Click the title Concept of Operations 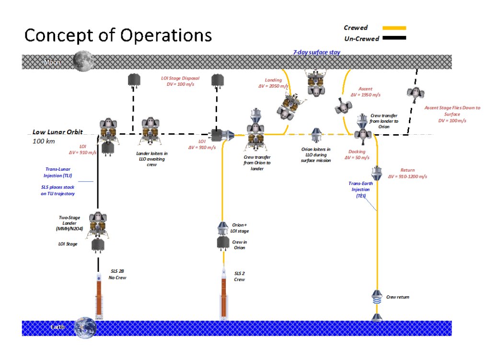tap(118, 35)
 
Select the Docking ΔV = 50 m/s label tap(359, 154)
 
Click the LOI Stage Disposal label tap(180, 81)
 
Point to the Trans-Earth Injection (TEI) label tap(358, 189)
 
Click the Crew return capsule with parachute tap(377, 297)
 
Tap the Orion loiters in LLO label tap(315, 155)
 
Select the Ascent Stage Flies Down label tap(452, 114)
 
